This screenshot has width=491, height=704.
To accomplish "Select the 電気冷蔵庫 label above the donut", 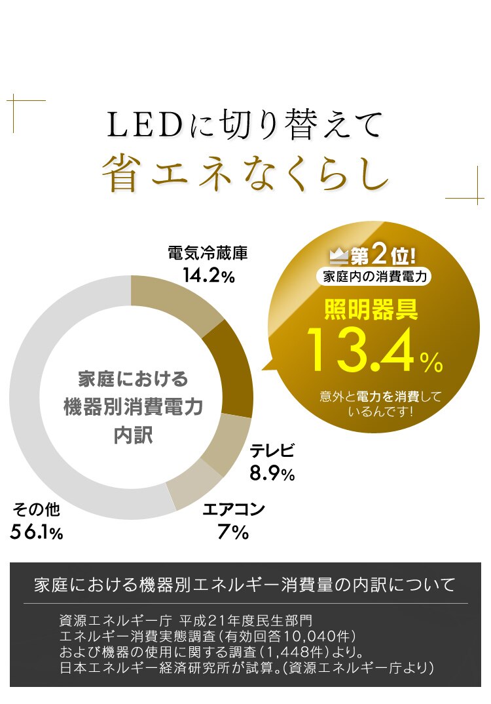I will (208, 253).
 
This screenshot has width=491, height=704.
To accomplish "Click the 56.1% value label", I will (37, 532).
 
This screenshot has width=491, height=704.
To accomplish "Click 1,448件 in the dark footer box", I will (297, 652).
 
